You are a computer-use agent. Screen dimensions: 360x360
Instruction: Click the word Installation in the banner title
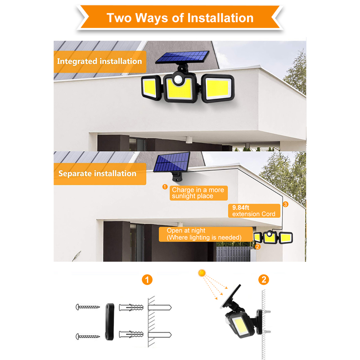(220, 18)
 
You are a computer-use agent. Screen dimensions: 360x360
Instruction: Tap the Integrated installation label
(100, 62)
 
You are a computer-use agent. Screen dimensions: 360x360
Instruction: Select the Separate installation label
(100, 174)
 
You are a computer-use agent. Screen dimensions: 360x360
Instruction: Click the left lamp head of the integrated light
(151, 87)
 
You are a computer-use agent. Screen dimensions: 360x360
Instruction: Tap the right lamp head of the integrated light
(218, 88)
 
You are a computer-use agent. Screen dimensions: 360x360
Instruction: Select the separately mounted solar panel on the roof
(172, 162)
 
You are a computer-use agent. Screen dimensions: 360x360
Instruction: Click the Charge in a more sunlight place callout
(198, 193)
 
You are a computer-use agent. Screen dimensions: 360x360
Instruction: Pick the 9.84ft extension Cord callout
(254, 211)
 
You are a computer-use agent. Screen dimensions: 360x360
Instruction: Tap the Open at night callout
(206, 234)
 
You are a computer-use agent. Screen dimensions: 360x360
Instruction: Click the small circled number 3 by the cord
(285, 204)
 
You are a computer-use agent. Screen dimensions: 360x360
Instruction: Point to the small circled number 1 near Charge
(165, 187)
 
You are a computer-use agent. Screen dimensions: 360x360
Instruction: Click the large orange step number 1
(147, 279)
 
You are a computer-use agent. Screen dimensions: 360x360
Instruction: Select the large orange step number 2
(264, 279)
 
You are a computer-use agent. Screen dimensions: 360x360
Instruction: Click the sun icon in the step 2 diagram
(202, 273)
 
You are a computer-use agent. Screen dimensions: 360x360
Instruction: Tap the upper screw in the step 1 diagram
(88, 307)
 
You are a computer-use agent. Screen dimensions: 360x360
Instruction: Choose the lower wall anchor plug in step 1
(131, 334)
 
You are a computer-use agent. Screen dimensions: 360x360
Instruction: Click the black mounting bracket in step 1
(110, 322)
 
